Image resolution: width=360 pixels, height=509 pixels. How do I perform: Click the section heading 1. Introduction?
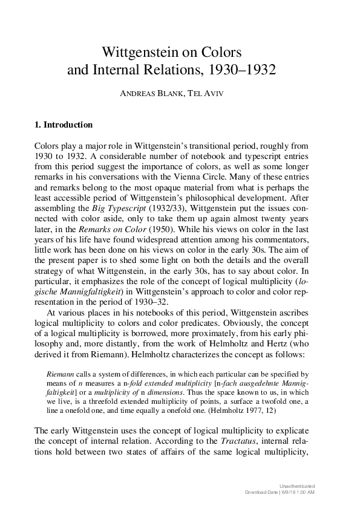(x=64, y=125)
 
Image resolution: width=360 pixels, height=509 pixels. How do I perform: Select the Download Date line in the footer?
(x=280, y=493)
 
